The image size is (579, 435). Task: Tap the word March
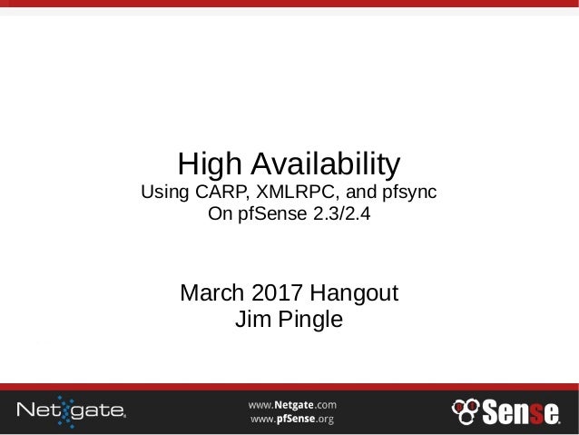(214, 295)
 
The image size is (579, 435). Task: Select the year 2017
(280, 295)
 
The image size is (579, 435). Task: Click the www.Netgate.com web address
(293, 402)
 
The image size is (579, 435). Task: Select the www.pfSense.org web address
(292, 419)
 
